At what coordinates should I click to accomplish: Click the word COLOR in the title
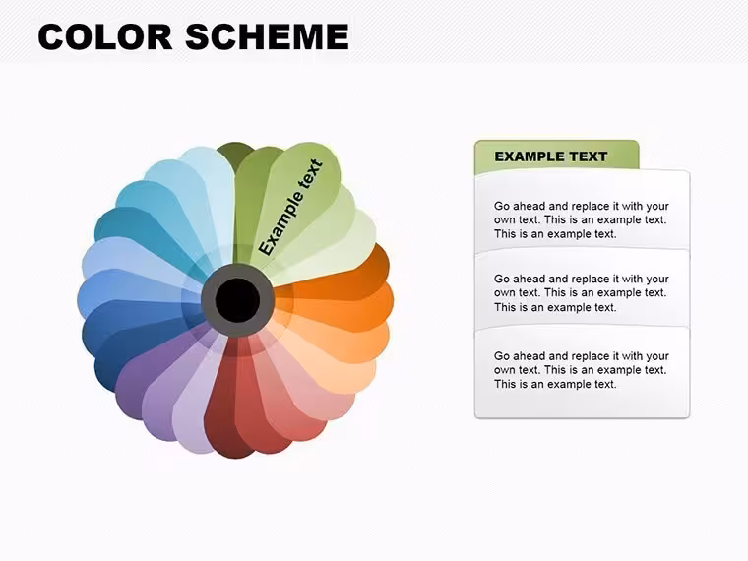[105, 36]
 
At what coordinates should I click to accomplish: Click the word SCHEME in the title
[267, 36]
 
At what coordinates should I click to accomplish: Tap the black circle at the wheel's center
[237, 300]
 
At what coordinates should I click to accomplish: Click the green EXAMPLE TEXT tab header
[557, 156]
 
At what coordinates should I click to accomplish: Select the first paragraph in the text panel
[582, 219]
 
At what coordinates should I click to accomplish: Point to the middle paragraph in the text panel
[582, 293]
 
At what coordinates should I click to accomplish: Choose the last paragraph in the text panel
[582, 370]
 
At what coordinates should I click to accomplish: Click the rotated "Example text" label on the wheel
[290, 208]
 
